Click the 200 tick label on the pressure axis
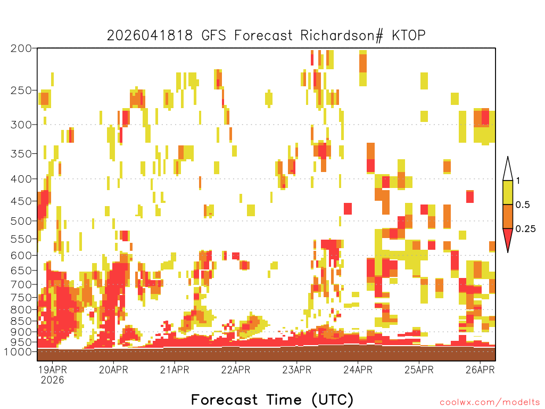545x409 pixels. pos(21,48)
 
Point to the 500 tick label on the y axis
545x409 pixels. pos(21,221)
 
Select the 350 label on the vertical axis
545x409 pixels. pos(21,154)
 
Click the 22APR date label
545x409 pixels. pos(236,370)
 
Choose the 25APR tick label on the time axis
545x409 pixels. pos(419,370)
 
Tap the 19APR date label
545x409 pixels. pos(53,370)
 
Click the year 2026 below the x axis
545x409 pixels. pos(53,380)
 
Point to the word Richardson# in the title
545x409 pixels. pos(342,36)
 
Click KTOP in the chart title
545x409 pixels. pos(409,36)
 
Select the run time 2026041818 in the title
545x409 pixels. pos(150,36)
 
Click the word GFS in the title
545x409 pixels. pos(214,36)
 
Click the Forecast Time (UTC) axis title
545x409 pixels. pos(272,400)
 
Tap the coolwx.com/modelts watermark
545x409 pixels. pos(490,403)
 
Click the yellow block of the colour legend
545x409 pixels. pos(508,192)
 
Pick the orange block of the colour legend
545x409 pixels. pos(508,216)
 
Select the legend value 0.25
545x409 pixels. pos(525,229)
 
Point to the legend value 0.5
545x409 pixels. pos(523,205)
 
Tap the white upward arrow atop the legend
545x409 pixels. pos(508,169)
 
